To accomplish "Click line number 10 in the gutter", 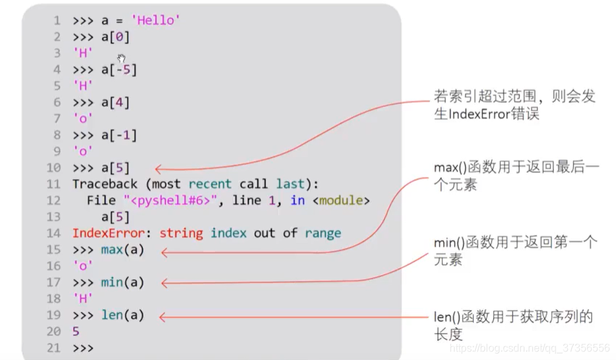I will pos(53,168).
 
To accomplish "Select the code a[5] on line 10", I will pos(115,168).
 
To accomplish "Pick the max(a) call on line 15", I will pos(122,250).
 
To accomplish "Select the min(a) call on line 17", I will pos(122,282).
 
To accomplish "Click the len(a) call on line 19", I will pos(122,315).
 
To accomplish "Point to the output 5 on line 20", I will pos(76,332).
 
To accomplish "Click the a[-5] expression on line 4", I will pos(119,70).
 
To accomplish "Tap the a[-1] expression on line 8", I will pos(119,136).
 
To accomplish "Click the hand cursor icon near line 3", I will pos(122,59).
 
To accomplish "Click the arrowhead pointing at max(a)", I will pos(165,252).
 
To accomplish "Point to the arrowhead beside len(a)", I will pos(164,317).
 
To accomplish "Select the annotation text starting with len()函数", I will pos(513,325).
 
